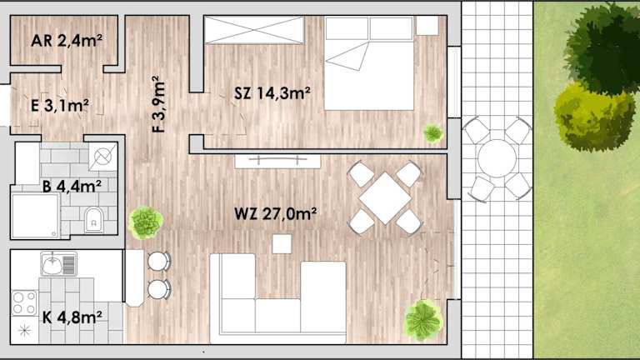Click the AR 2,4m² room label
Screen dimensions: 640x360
click(x=67, y=40)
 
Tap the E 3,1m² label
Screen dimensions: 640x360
click(x=60, y=106)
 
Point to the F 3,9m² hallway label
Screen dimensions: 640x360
click(x=158, y=104)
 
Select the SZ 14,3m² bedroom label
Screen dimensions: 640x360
click(x=272, y=93)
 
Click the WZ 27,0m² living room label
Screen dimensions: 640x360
click(x=276, y=213)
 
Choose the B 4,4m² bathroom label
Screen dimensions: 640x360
click(x=72, y=187)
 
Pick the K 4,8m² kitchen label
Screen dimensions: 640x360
click(x=72, y=317)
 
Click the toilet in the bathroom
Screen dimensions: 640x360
click(x=93, y=220)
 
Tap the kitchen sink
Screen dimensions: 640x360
click(x=59, y=263)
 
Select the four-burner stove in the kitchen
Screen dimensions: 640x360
click(x=24, y=302)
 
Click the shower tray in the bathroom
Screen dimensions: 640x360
click(x=36, y=216)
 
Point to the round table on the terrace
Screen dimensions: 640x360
click(x=497, y=158)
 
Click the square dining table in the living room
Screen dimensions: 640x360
click(x=385, y=198)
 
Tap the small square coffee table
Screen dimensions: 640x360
click(x=282, y=243)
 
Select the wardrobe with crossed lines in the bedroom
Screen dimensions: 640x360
click(x=254, y=30)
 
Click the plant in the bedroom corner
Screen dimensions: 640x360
click(x=433, y=133)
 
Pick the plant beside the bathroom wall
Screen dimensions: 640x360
click(x=146, y=222)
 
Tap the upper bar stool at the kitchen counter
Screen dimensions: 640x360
click(x=158, y=261)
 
